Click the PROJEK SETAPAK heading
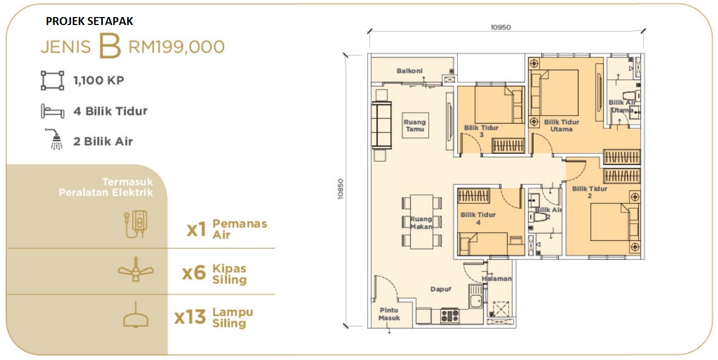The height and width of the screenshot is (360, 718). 89,21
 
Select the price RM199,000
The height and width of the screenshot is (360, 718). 177,47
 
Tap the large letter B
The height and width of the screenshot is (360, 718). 110,46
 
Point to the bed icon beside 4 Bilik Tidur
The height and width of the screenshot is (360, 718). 53,111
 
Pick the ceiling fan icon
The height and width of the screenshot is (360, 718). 136,270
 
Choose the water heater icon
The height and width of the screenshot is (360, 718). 136,224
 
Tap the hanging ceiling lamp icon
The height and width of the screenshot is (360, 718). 136,315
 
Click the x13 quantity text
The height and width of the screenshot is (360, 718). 190,317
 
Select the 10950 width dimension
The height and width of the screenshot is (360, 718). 501,28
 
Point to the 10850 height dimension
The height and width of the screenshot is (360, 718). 340,189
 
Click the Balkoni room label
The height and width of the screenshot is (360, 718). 410,71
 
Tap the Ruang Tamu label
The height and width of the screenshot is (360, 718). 415,126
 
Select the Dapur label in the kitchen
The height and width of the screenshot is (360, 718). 440,289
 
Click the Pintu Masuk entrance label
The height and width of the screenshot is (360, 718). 389,314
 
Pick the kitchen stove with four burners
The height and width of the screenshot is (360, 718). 450,315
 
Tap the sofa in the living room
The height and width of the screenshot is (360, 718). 381,125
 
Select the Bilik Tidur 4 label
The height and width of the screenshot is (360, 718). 478,218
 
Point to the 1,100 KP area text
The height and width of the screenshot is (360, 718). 99,80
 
